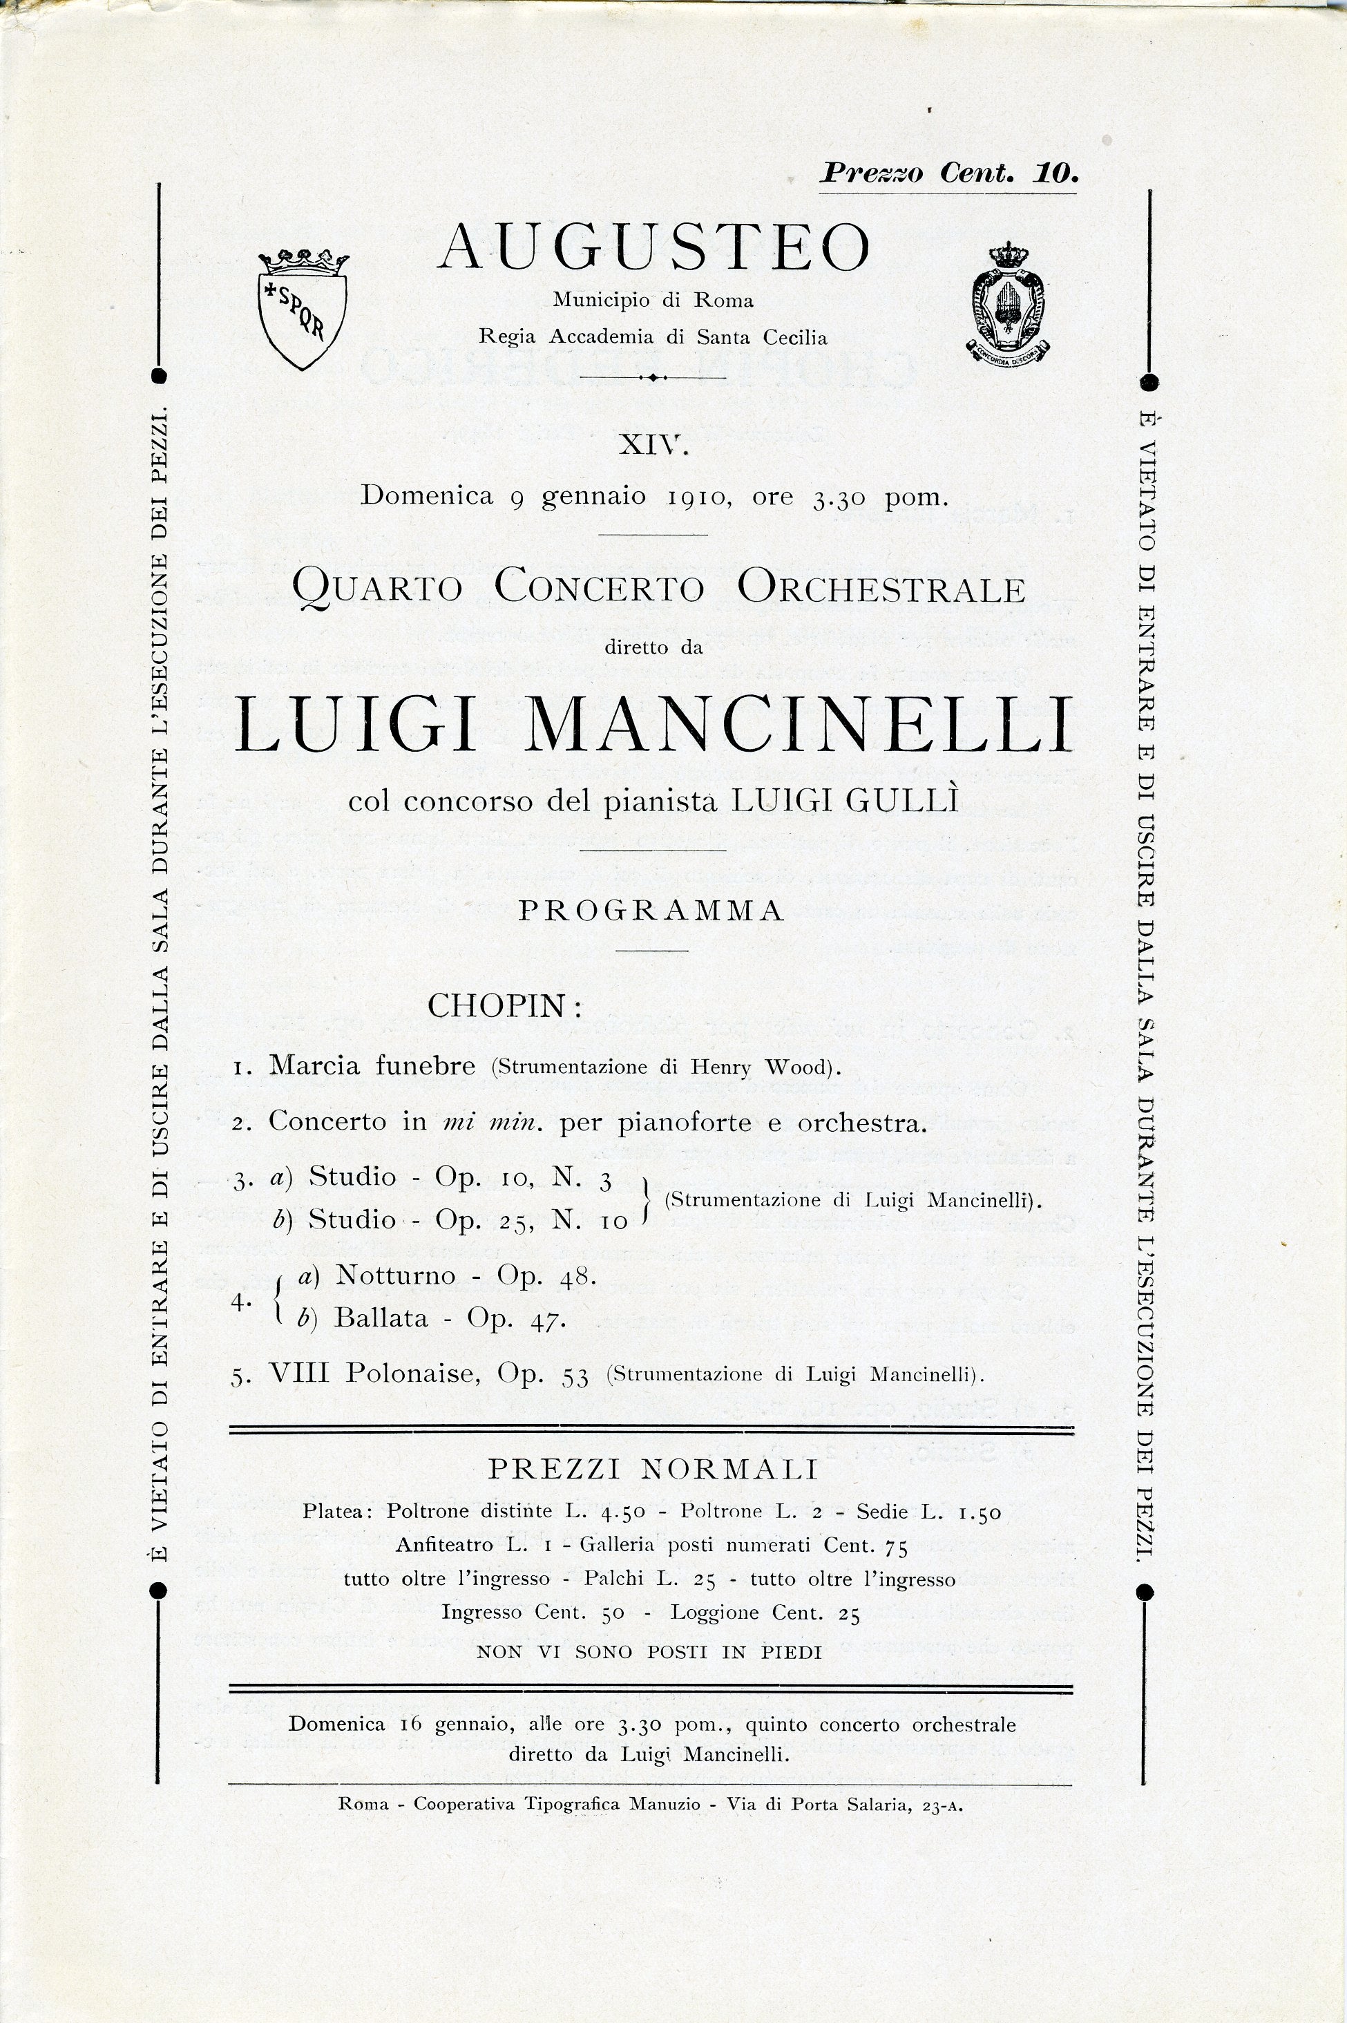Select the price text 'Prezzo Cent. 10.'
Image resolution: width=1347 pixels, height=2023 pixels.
[x=948, y=173]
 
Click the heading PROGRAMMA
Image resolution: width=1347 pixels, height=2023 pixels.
[x=652, y=911]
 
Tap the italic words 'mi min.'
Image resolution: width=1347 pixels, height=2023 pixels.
[x=493, y=1123]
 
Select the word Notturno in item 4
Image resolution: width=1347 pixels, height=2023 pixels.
[x=395, y=1275]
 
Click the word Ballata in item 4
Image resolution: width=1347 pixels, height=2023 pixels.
[x=381, y=1318]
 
